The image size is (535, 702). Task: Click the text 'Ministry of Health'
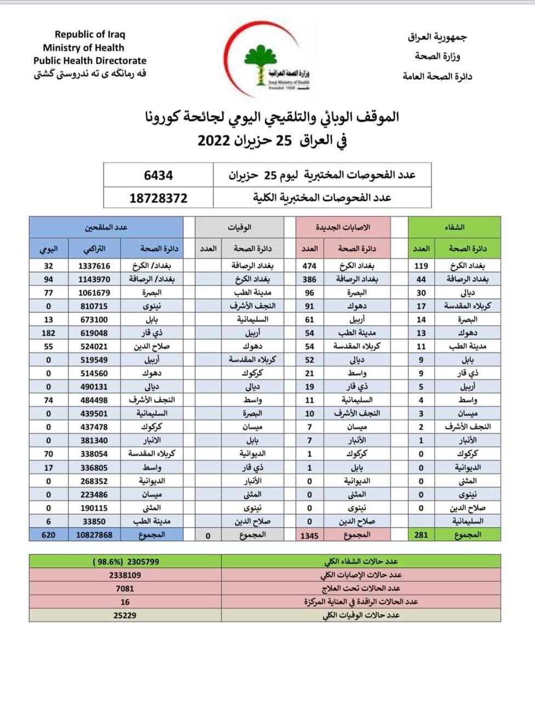tap(83, 48)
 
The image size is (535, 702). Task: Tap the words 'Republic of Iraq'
tap(90, 34)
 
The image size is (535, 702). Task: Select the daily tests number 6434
tap(158, 175)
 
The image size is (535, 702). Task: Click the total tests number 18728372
tap(158, 198)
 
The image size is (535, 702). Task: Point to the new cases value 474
tap(309, 265)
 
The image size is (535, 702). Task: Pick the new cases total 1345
tap(309, 535)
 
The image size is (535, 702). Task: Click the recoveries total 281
tap(421, 534)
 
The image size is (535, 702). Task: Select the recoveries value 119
tap(421, 265)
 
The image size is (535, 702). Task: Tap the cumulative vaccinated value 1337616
tap(94, 265)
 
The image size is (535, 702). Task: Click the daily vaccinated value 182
tap(48, 333)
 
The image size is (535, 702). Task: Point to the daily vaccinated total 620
tap(48, 534)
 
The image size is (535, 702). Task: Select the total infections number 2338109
tap(125, 575)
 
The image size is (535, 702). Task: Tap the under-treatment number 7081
tap(125, 588)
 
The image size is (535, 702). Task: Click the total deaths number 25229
tap(125, 615)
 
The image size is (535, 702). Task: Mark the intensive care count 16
tap(125, 602)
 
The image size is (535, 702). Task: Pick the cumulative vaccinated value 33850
tap(94, 521)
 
